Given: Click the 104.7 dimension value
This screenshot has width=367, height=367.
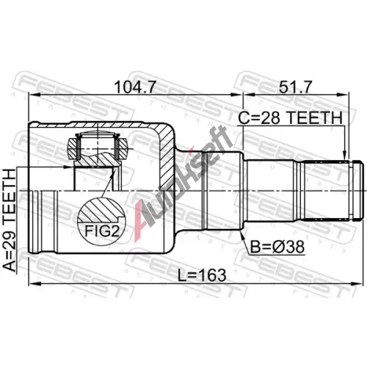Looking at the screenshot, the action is pyautogui.click(x=135, y=87).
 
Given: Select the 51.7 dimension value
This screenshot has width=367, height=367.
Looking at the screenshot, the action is pyautogui.click(x=296, y=87).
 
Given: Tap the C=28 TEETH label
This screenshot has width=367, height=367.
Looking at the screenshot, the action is pyautogui.click(x=290, y=117).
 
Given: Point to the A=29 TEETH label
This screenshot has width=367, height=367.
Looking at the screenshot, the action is pyautogui.click(x=10, y=220).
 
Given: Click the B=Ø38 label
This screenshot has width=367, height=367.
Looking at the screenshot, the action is pyautogui.click(x=277, y=247).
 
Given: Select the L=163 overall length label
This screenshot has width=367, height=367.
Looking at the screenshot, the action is pyautogui.click(x=202, y=275).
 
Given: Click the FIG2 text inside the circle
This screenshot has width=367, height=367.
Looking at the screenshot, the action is pyautogui.click(x=102, y=231).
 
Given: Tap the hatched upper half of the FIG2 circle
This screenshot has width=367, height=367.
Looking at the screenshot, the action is pyautogui.click(x=101, y=210).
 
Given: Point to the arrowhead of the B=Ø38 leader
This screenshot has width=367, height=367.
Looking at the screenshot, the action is pyautogui.click(x=242, y=234).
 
